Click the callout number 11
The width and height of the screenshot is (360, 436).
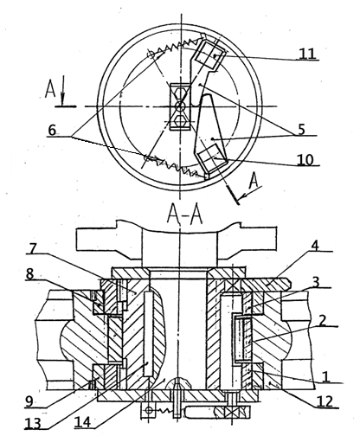tap(307, 54)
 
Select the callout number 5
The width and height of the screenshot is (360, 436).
tap(301, 130)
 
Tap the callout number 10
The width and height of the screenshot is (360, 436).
tap(305, 159)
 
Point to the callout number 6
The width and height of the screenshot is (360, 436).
tap(52, 131)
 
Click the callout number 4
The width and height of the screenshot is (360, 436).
tap(315, 246)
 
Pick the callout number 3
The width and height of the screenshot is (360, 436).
tap(316, 282)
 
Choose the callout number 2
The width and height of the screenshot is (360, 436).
tap(322, 320)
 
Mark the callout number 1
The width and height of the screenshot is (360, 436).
tap(325, 376)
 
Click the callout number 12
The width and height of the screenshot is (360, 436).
tap(325, 401)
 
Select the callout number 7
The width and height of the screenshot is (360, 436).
tap(31, 248)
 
